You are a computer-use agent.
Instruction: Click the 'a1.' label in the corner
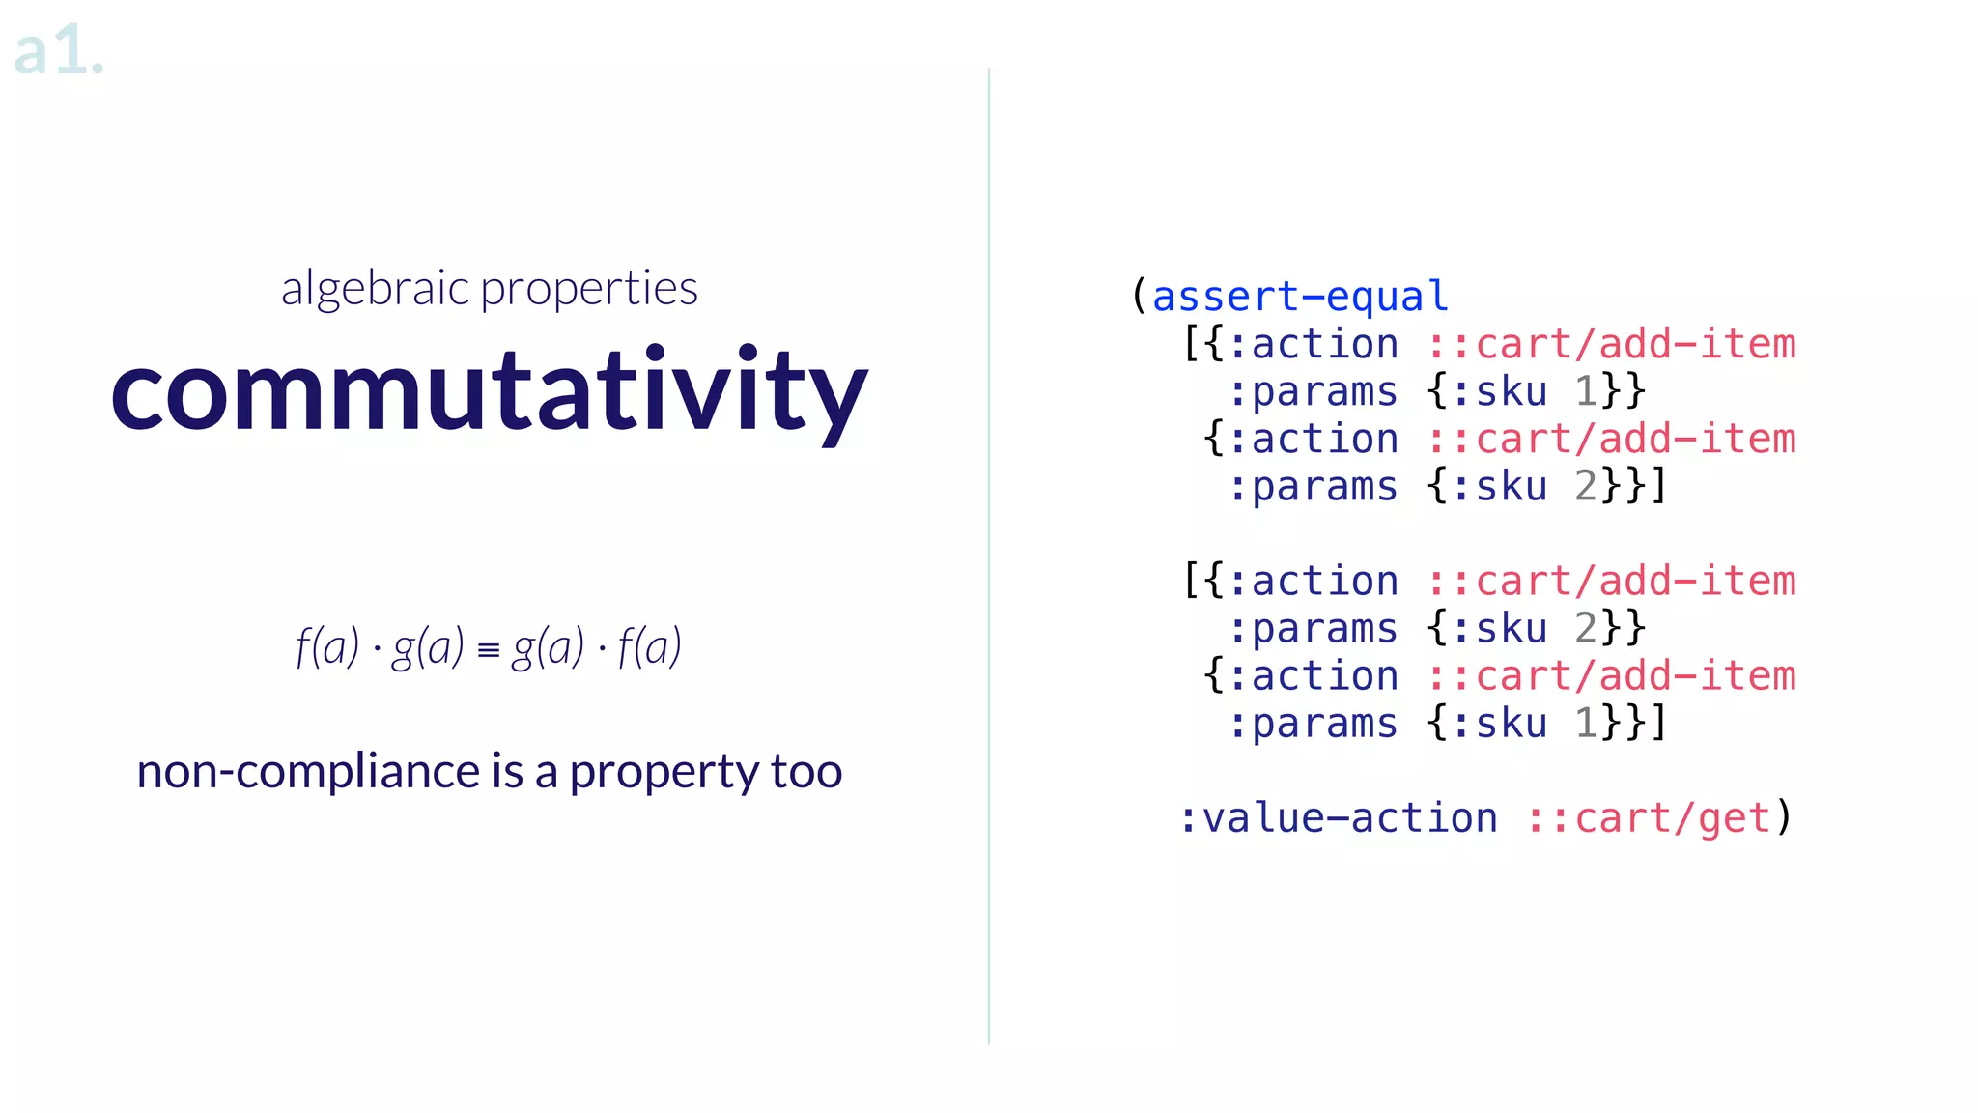[x=58, y=52]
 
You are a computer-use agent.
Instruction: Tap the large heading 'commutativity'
[x=489, y=390]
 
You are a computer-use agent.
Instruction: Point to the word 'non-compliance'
[x=307, y=772]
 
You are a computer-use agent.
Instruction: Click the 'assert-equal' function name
[x=1300, y=297]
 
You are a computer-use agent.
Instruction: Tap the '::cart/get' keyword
[x=1648, y=818]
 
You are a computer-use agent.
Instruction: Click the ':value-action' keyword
[x=1338, y=818]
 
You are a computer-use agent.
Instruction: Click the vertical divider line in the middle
[x=989, y=556]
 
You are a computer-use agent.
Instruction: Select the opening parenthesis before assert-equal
[x=1140, y=296]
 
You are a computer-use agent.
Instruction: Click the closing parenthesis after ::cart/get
[x=1785, y=817]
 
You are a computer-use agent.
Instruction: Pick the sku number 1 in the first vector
[x=1585, y=391]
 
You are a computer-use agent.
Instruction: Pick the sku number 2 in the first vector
[x=1585, y=486]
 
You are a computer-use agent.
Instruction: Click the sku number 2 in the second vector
[x=1585, y=628]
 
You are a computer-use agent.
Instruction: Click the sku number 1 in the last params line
[x=1585, y=723]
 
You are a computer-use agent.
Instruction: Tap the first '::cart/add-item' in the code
[x=1611, y=344]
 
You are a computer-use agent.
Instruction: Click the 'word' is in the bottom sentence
[x=508, y=772]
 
